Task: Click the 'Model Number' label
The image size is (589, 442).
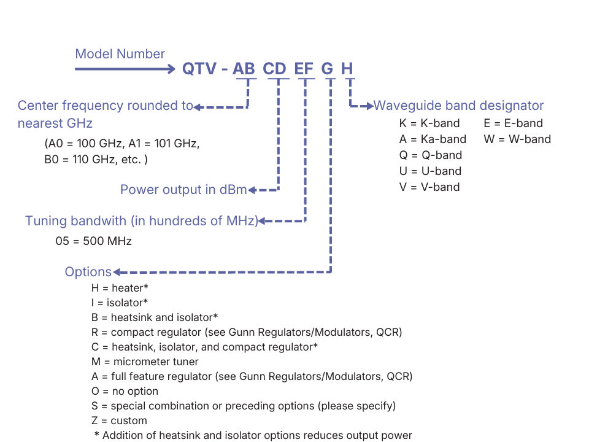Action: pos(120,54)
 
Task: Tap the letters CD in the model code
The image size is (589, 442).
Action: pos(275,69)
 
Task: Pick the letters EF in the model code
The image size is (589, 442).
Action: pos(304,69)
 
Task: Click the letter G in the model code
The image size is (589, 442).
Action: pos(328,69)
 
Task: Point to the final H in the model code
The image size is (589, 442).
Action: pos(347,69)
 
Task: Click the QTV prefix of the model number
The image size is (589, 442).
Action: pos(199,69)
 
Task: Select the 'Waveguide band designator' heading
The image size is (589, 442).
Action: pos(458,106)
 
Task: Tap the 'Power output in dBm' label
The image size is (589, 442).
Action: pos(183,190)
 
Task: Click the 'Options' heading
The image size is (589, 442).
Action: pos(88,272)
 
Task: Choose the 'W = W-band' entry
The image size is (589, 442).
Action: pos(517,139)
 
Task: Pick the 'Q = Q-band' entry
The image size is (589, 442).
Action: pos(430,155)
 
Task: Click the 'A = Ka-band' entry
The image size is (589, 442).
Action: pos(433,139)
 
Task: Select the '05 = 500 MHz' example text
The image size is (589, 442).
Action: pos(93,241)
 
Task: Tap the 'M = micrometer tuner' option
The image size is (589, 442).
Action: pos(145,362)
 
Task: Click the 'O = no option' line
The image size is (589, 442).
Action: pos(125,391)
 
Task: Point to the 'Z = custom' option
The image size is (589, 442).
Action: pos(119,421)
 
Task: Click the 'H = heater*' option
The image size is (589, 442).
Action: pos(120,287)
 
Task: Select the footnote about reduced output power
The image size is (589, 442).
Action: pos(253,435)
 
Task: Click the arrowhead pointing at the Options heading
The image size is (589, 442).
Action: pos(116,272)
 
